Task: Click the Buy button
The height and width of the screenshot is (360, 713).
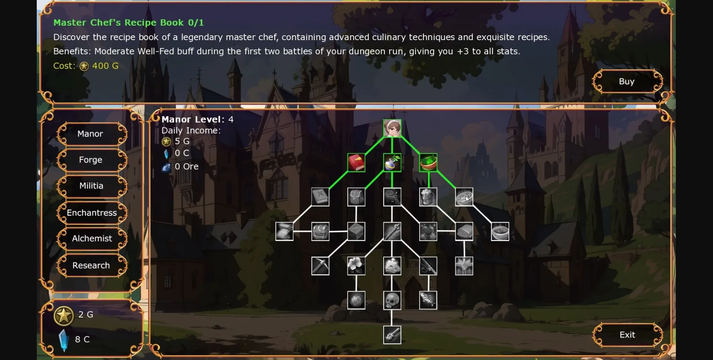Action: (627, 81)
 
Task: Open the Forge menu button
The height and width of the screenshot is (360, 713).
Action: (91, 160)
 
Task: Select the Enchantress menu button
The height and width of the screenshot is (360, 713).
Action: (92, 213)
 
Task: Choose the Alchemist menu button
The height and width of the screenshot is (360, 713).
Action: (92, 239)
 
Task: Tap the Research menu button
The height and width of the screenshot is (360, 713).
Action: (91, 265)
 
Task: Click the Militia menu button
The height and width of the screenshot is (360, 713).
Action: (91, 186)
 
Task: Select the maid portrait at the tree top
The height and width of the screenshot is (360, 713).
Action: (392, 129)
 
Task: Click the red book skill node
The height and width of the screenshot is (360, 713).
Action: (356, 163)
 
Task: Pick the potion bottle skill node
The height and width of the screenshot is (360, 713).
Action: (392, 163)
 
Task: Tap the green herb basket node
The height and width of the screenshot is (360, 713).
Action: (428, 163)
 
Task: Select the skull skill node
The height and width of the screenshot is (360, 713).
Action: (392, 300)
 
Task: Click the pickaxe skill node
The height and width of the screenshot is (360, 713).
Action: (320, 266)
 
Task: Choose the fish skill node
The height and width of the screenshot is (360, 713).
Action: (428, 300)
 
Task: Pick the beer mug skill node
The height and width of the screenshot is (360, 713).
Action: (428, 197)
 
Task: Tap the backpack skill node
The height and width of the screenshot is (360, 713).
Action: (356, 197)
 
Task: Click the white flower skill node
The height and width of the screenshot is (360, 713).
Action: (356, 266)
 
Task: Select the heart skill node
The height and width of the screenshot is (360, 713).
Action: (428, 231)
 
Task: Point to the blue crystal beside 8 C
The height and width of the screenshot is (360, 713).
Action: (64, 340)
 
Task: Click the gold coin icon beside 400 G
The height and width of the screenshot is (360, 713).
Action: (84, 66)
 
